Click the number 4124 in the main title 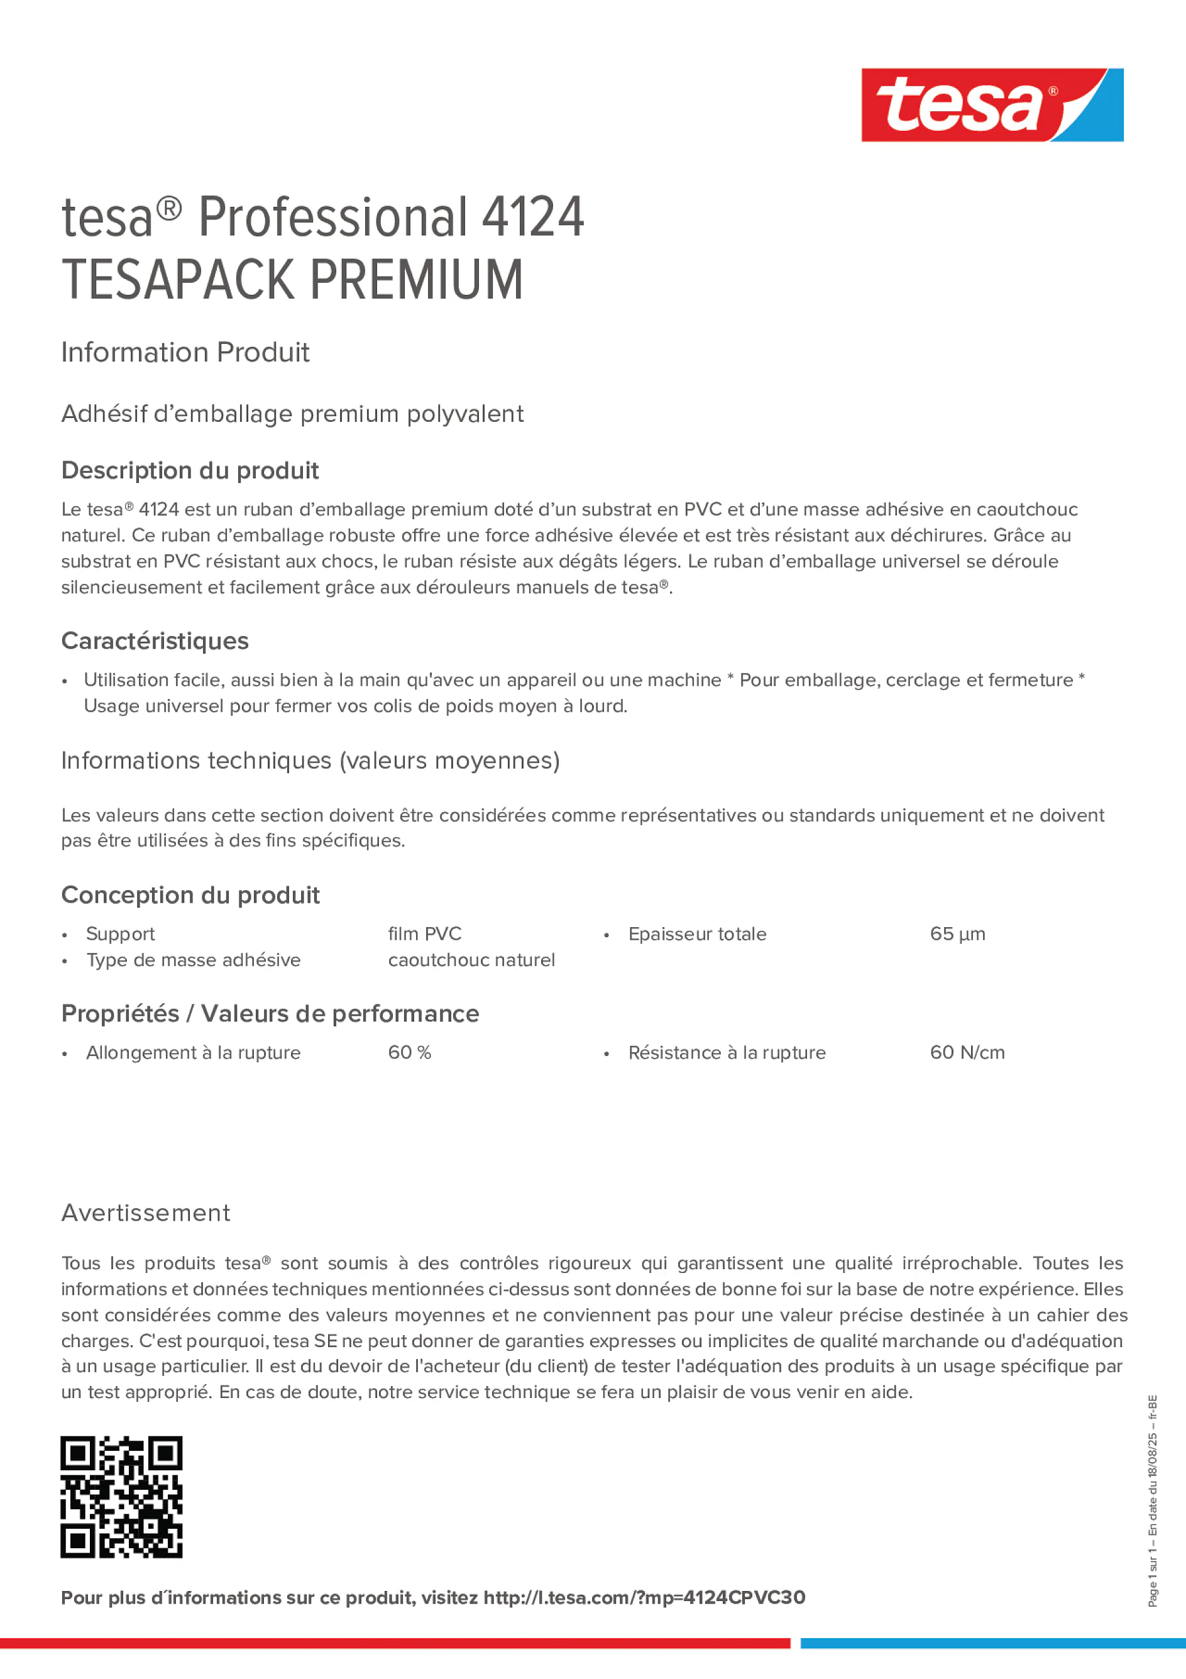[x=532, y=217]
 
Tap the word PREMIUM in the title [x=416, y=280]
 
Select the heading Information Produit [x=185, y=353]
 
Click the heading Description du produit [x=190, y=470]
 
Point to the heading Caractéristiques [x=155, y=641]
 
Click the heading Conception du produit [x=190, y=895]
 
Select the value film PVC [x=424, y=934]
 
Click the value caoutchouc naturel [x=471, y=959]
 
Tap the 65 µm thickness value [x=957, y=934]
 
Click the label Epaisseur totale [x=697, y=934]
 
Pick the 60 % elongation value [x=409, y=1052]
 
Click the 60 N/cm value [x=967, y=1052]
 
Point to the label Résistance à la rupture [x=727, y=1052]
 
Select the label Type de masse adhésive [x=193, y=959]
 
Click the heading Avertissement [x=146, y=1213]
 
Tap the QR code [x=121, y=1497]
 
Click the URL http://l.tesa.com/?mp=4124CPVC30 [x=644, y=1597]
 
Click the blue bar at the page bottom [x=992, y=1643]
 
